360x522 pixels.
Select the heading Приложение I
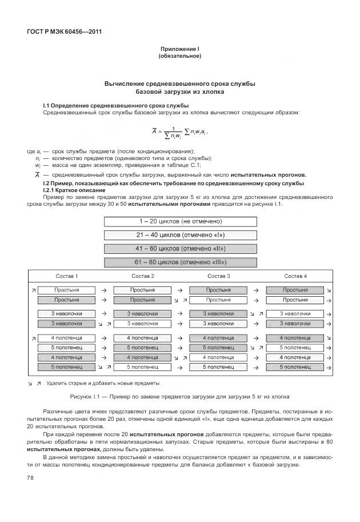coord(179,50)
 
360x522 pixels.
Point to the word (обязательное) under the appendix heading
coord(179,57)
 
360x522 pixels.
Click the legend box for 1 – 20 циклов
coord(180,221)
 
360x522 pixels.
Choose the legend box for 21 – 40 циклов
coord(180,235)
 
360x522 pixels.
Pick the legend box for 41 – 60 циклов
coord(180,249)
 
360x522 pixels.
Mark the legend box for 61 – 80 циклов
coord(180,262)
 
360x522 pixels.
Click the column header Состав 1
coord(67,276)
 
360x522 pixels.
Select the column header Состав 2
coord(143,276)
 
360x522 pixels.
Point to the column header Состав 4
coord(295,276)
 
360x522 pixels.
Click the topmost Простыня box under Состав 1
coord(67,290)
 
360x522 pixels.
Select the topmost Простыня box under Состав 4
coord(295,290)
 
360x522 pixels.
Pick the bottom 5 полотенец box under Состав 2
coord(143,366)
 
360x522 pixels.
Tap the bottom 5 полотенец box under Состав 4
coord(295,366)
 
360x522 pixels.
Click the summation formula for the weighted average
coord(179,133)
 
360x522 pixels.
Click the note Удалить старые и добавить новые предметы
coord(103,383)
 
